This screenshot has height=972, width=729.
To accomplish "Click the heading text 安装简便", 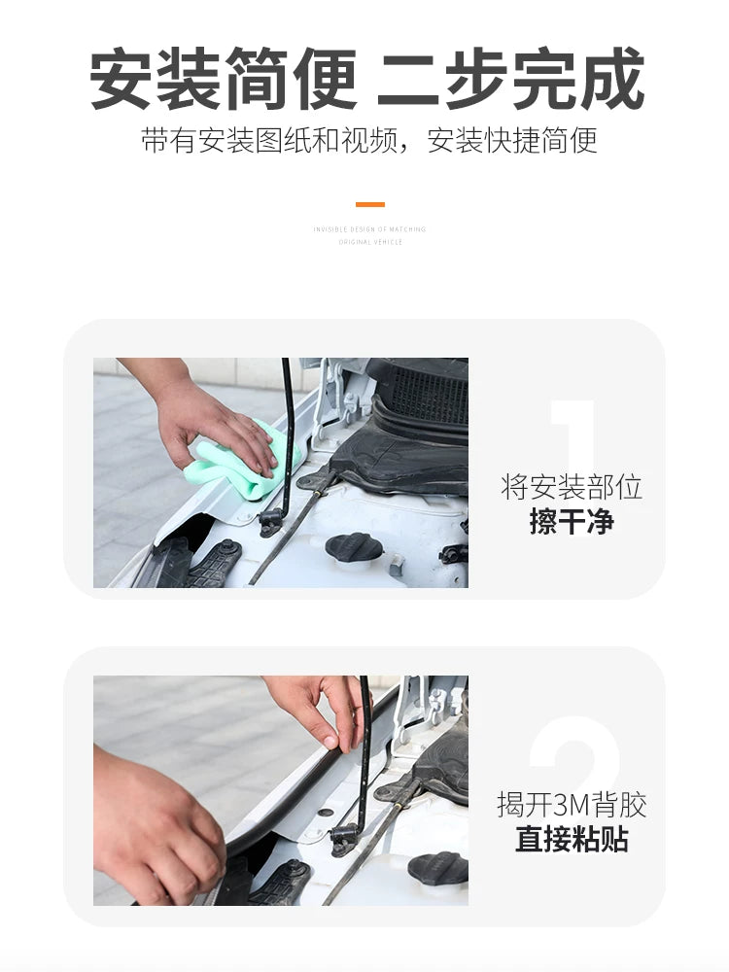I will (224, 80).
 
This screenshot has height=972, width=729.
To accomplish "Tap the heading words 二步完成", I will (510, 80).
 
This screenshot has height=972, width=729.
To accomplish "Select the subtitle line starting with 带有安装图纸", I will (368, 141).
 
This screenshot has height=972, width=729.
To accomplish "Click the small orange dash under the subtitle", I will (369, 205).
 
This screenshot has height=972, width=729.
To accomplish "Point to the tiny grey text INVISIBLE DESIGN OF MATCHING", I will (369, 229).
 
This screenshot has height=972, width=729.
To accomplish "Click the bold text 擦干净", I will (572, 522).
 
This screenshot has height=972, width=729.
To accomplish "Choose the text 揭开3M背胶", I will (572, 805).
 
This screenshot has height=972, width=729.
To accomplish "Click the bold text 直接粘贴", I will (572, 839).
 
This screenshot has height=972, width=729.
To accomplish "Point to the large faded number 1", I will (573, 437).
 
